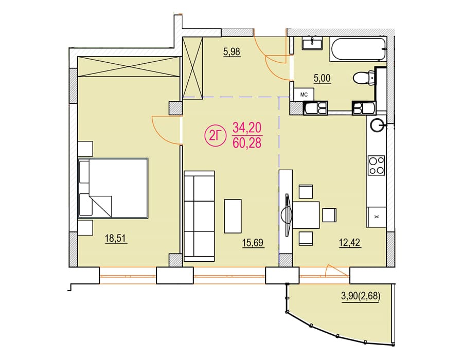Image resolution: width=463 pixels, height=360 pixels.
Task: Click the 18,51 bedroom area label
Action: [116, 238]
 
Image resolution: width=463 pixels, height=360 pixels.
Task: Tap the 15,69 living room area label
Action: [253, 243]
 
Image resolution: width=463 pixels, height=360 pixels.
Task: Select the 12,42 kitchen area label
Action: [350, 243]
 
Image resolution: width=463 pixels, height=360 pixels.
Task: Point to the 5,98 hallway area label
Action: [232, 52]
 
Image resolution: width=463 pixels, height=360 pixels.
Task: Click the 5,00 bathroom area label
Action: [322, 79]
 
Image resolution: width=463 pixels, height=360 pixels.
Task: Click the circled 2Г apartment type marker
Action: [215, 136]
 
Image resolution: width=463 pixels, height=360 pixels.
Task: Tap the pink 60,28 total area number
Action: [247, 143]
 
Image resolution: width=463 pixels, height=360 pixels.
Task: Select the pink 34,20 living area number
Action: [247, 128]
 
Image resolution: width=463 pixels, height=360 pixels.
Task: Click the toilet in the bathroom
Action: [364, 78]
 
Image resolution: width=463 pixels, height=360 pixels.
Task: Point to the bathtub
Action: [359, 49]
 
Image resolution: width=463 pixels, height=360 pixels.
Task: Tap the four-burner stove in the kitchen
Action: [376, 166]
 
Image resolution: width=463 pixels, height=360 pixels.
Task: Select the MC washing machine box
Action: [304, 95]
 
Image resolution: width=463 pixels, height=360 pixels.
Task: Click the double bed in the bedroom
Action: [113, 188]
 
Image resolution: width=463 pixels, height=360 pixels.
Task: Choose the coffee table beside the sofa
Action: [233, 216]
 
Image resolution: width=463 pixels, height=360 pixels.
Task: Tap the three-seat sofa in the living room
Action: [199, 216]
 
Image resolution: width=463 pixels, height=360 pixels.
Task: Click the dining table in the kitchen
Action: [306, 215]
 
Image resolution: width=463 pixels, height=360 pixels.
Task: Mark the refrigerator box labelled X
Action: [376, 217]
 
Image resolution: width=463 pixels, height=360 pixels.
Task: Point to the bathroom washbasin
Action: [312, 43]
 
